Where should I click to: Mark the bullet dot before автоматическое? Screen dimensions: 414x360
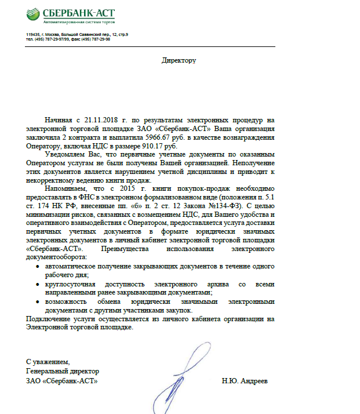point(38,266)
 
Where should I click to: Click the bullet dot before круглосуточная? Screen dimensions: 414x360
point(38,285)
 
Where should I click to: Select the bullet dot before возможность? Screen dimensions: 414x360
point(38,302)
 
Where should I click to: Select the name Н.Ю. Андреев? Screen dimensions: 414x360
point(245,381)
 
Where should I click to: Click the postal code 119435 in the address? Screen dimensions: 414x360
point(33,35)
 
